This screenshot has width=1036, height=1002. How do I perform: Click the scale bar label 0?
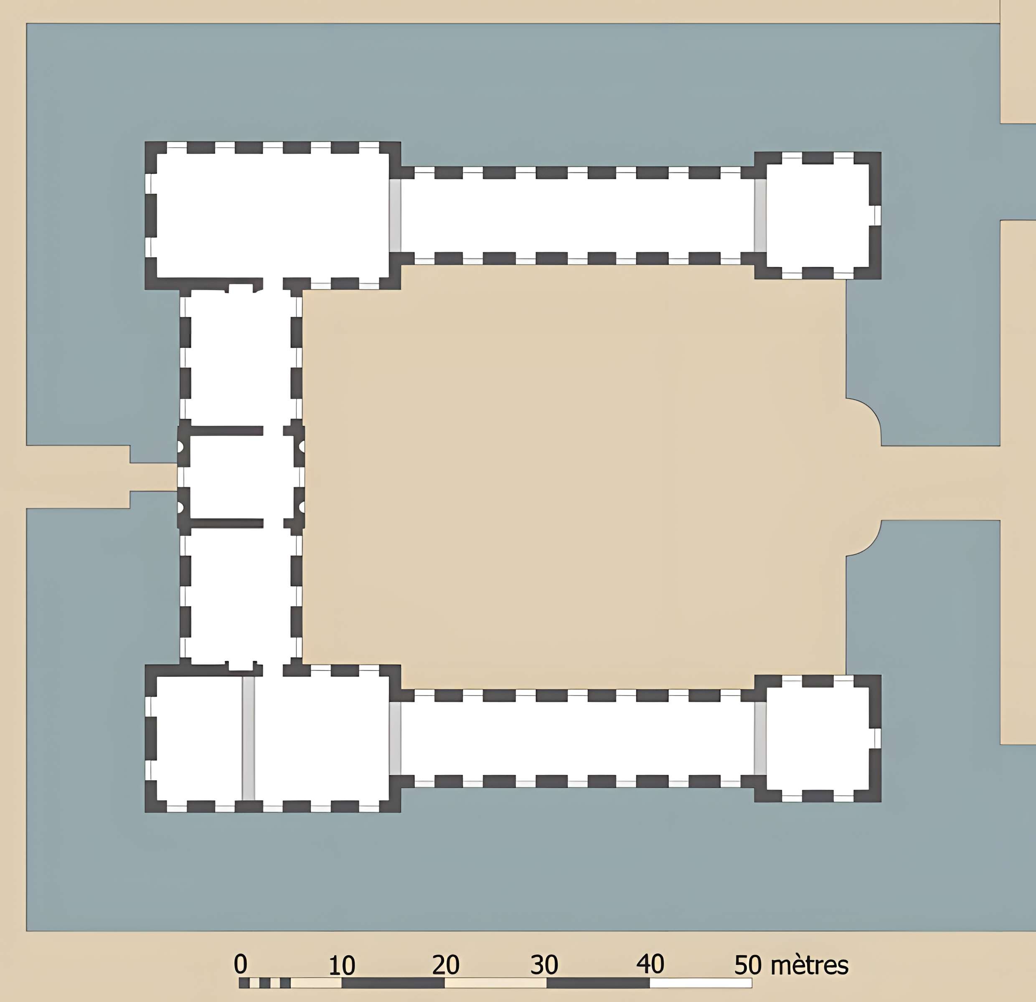[x=241, y=964]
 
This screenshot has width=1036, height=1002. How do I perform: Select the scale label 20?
[x=446, y=964]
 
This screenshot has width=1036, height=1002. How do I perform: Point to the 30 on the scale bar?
[x=544, y=964]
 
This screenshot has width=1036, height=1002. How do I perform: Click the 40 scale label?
[x=650, y=964]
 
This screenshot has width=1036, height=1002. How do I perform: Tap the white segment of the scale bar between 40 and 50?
[x=701, y=983]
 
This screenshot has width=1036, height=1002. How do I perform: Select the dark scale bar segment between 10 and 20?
[x=393, y=983]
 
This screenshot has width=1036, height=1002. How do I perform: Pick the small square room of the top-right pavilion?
[x=818, y=215]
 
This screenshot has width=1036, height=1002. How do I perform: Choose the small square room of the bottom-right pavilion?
[x=818, y=739]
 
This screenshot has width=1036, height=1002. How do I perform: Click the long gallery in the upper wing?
[x=577, y=215]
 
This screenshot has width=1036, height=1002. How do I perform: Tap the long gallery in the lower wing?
[x=577, y=739]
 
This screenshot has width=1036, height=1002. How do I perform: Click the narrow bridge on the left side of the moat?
[x=153, y=477]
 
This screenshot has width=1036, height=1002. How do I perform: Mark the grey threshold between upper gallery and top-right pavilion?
[x=760, y=215]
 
